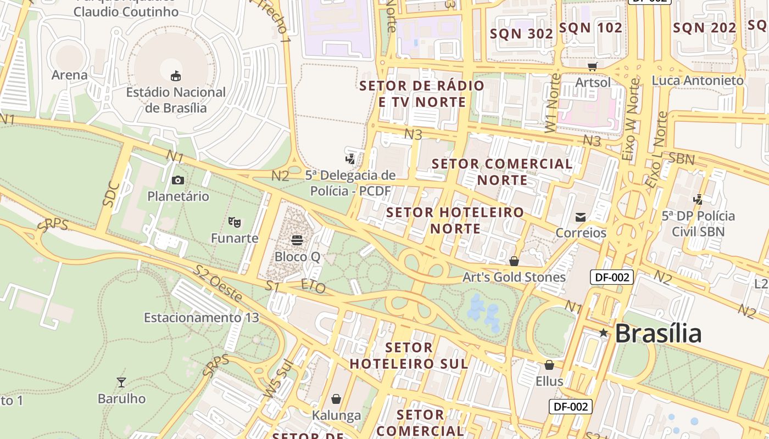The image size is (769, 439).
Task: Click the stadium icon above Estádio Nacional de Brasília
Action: (x=176, y=75)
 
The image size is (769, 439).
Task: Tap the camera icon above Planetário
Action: (x=177, y=180)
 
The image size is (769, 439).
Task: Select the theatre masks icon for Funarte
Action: (x=235, y=222)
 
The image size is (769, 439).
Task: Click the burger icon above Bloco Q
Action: (x=297, y=240)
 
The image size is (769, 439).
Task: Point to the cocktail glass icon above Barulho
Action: (x=121, y=382)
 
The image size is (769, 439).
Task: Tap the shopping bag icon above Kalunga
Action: (x=336, y=399)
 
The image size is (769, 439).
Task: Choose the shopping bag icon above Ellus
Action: (x=549, y=365)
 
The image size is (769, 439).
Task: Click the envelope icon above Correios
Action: (x=581, y=217)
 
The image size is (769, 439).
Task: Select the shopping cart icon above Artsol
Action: (x=592, y=66)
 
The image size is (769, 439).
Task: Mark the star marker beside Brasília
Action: (x=604, y=333)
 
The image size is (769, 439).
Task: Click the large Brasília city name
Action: (x=658, y=334)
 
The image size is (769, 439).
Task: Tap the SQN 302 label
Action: (x=521, y=33)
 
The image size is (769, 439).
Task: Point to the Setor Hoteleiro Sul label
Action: (x=409, y=356)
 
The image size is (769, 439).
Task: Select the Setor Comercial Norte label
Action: (x=502, y=172)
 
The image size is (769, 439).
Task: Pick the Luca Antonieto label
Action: (x=698, y=81)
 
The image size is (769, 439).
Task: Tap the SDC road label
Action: (x=112, y=194)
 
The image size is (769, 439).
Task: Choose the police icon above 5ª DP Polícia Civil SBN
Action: (x=698, y=199)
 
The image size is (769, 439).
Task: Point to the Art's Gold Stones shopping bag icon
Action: (x=514, y=261)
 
